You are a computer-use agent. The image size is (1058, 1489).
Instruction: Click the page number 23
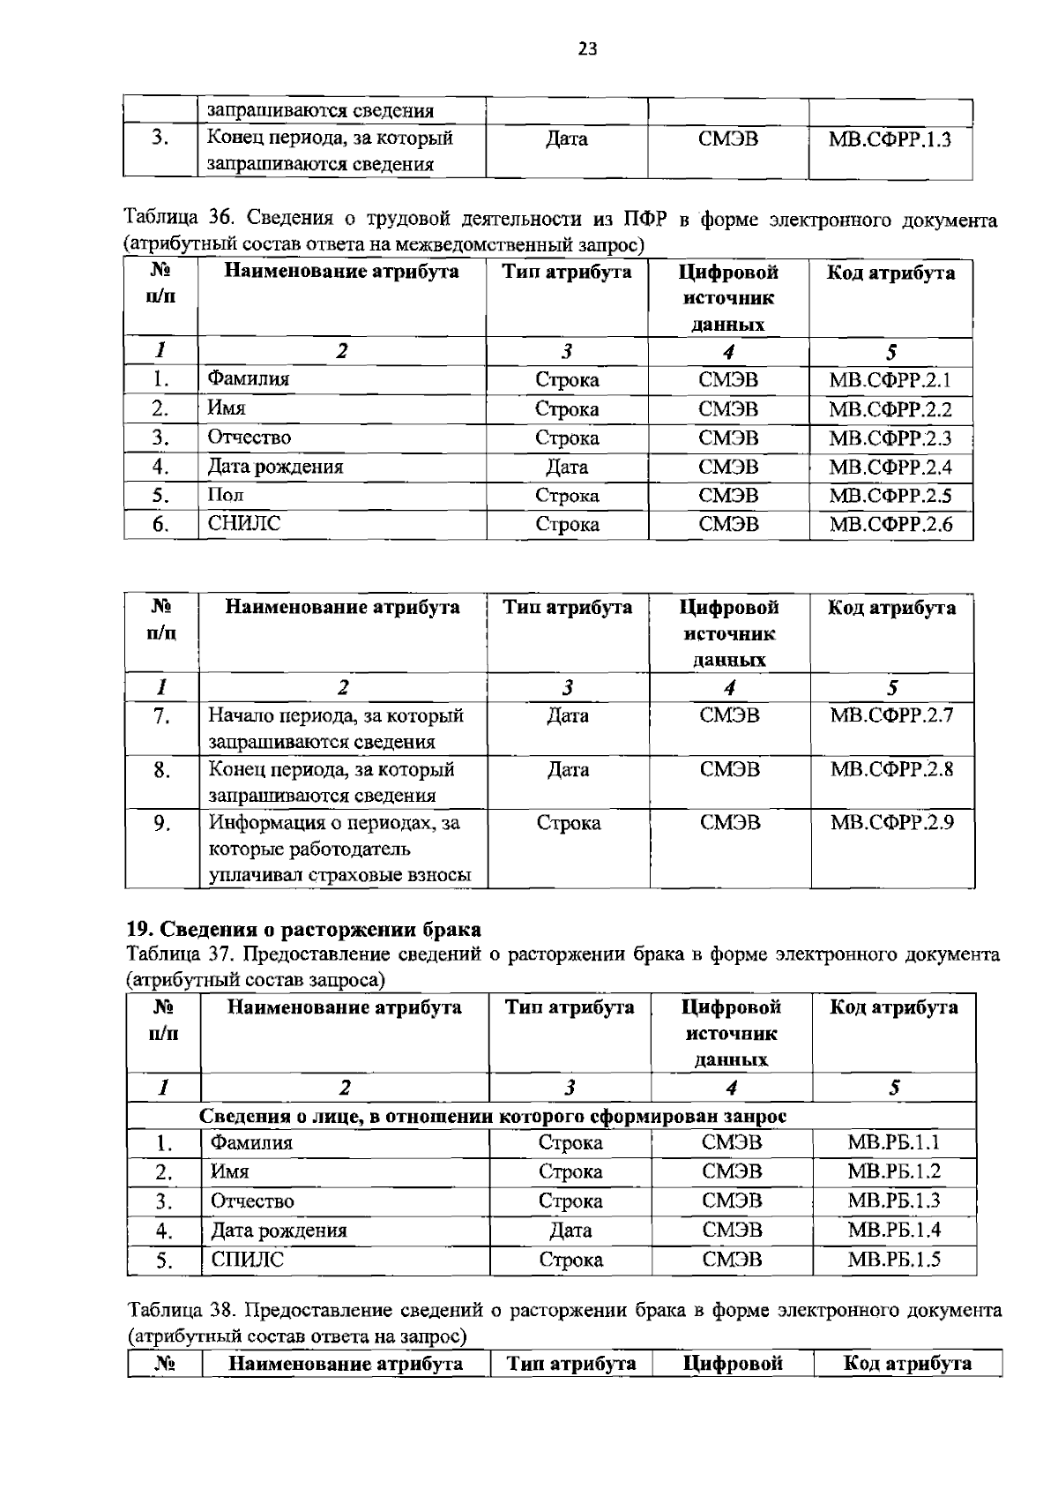(x=587, y=49)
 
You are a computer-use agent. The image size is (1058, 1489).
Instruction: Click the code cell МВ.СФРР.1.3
(x=890, y=139)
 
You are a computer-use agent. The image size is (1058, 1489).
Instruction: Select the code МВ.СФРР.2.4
(x=890, y=468)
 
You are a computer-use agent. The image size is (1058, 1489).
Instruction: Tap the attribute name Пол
(x=226, y=496)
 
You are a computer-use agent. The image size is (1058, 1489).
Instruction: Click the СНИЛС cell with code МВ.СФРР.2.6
(x=244, y=524)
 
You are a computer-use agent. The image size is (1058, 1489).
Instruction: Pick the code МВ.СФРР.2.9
(x=891, y=823)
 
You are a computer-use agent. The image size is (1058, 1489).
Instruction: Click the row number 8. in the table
(x=161, y=770)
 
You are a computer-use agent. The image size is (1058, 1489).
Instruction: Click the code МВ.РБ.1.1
(x=893, y=1143)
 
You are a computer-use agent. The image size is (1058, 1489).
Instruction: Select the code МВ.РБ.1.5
(x=893, y=1260)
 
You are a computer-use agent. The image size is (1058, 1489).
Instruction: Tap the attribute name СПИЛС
(x=248, y=1260)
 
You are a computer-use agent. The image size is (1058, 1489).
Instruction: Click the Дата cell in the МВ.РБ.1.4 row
(x=570, y=1231)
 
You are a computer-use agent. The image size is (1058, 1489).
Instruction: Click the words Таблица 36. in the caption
(x=181, y=219)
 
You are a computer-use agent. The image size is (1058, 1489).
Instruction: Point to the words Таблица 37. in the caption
(x=181, y=954)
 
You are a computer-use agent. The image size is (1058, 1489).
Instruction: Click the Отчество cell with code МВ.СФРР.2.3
(x=250, y=438)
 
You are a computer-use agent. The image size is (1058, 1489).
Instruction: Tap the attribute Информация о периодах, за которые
(x=334, y=849)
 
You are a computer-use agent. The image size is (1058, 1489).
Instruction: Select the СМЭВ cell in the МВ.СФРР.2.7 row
(x=729, y=715)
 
